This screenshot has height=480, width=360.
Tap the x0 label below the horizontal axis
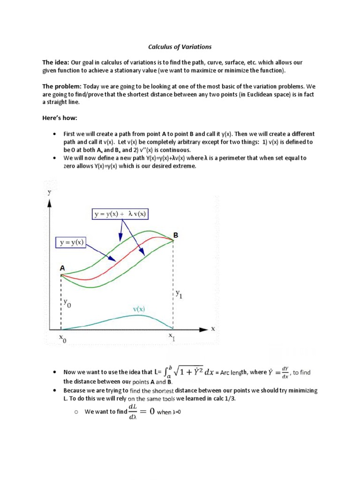coord(63,337)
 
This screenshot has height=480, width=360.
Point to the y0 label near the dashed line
coord(68,304)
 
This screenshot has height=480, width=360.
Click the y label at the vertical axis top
coord(49,192)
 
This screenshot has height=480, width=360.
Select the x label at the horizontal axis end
coord(213,329)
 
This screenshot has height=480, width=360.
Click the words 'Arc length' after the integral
coord(232,373)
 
